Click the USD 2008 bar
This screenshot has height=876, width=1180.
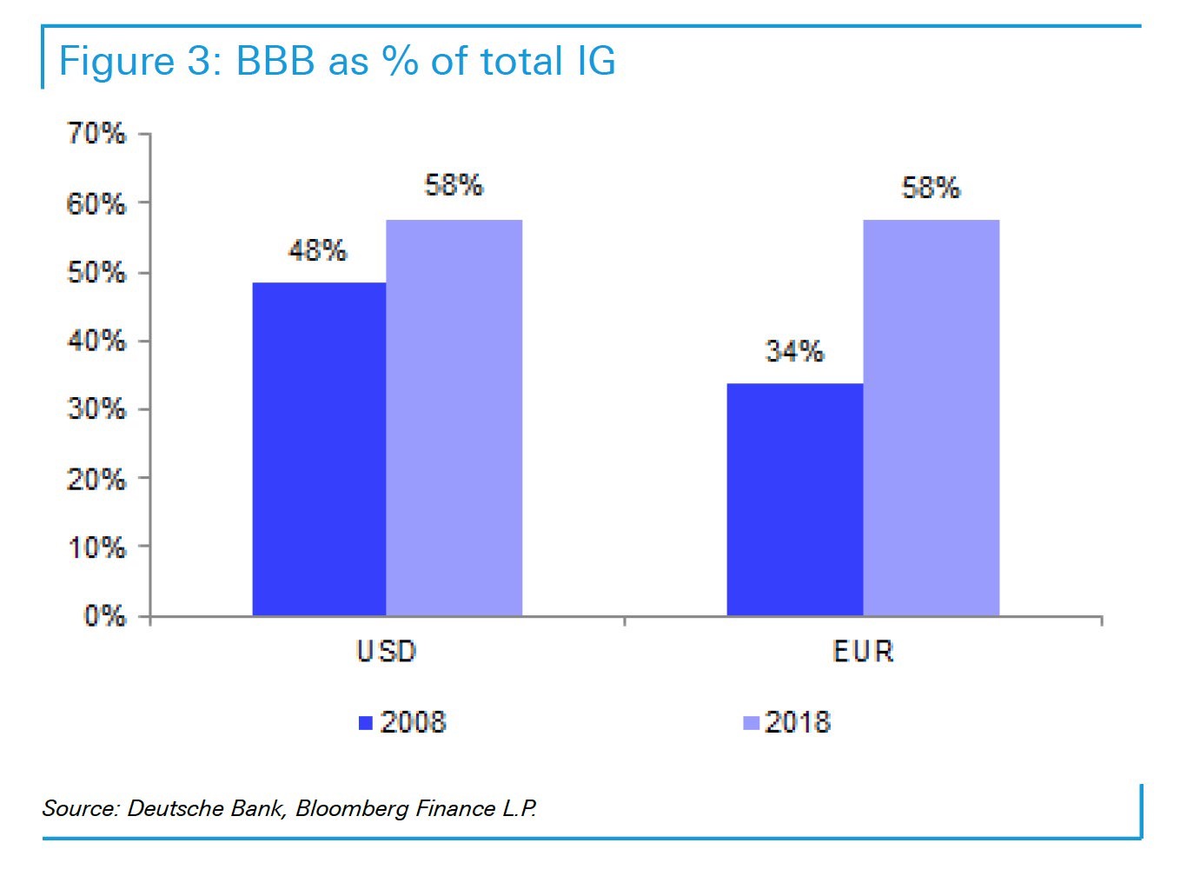coord(319,449)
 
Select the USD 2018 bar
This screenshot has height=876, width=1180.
coord(454,418)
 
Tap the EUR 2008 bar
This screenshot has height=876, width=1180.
coord(794,500)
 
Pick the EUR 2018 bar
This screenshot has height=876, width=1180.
coord(931,418)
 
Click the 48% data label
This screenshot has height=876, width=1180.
coord(318,251)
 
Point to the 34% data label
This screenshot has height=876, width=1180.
coord(794,351)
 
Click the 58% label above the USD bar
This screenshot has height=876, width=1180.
coord(454,185)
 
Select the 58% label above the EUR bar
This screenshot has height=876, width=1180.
coord(931,188)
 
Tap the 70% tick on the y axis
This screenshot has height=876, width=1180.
coord(96,134)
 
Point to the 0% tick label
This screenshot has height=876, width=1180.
coord(104,616)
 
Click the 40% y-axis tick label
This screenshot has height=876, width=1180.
coord(96,341)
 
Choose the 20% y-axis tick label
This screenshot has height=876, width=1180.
coord(96,479)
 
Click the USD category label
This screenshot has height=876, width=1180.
coord(387,651)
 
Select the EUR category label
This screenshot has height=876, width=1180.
coord(863,651)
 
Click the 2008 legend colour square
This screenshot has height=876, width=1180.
coord(366,723)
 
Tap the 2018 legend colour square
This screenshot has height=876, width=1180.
coord(752,723)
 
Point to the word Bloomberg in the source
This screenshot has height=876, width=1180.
coord(352,808)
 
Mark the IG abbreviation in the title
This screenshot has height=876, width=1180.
coord(594,63)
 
